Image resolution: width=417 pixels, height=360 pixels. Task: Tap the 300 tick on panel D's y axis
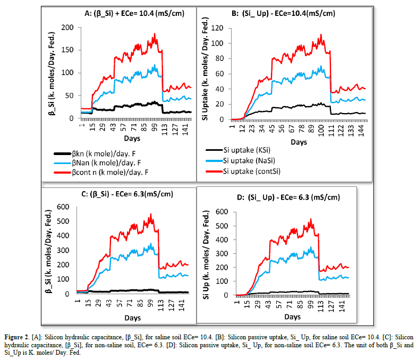click(224, 253)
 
